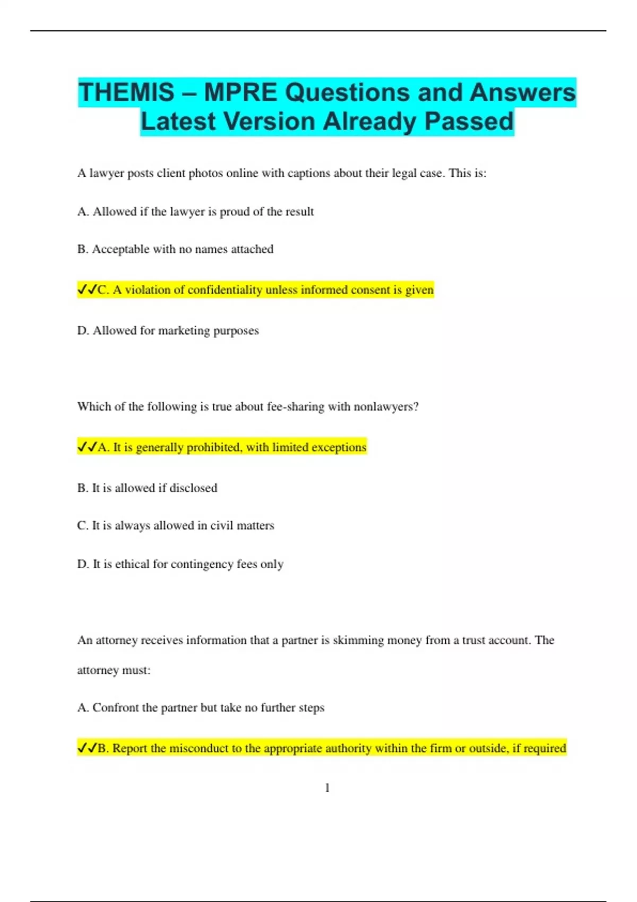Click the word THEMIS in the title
click(x=126, y=92)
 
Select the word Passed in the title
click(x=469, y=121)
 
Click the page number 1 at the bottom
click(x=327, y=788)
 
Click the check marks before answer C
click(x=87, y=290)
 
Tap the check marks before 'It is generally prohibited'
click(x=87, y=447)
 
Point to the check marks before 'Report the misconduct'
click(x=87, y=748)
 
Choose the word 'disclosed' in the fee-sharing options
click(x=193, y=488)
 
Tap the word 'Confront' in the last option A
click(x=115, y=708)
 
